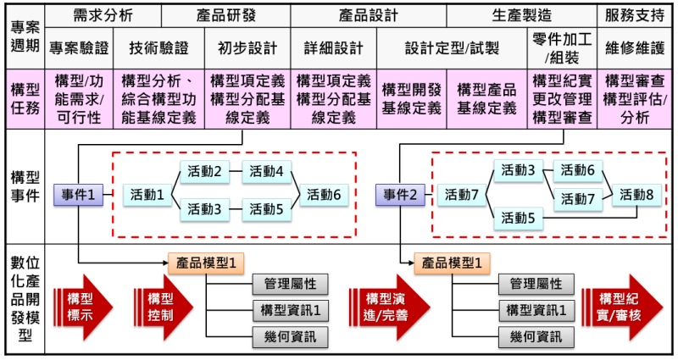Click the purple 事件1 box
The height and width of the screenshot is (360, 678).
[79, 195]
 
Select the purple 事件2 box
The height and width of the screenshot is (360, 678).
[401, 195]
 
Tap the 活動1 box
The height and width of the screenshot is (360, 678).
[148, 195]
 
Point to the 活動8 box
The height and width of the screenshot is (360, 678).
[636, 193]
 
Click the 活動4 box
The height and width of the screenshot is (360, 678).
[267, 171]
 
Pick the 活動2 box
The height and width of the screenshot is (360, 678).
[205, 171]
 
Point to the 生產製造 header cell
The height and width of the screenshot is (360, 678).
[521, 15]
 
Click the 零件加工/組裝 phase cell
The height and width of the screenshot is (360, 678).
[563, 47]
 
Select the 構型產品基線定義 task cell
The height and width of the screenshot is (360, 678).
[487, 98]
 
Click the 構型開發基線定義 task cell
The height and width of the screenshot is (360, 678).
[412, 98]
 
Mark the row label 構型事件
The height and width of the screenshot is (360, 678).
[23, 195]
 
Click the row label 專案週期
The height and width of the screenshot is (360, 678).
[23, 33]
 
